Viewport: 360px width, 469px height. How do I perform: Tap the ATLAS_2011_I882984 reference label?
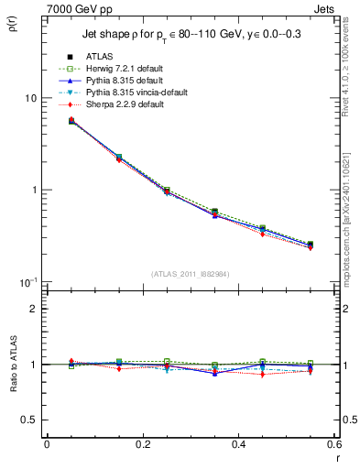(x=190, y=275)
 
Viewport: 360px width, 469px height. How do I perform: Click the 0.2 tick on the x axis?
(x=142, y=443)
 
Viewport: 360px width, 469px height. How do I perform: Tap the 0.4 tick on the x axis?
(x=238, y=443)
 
